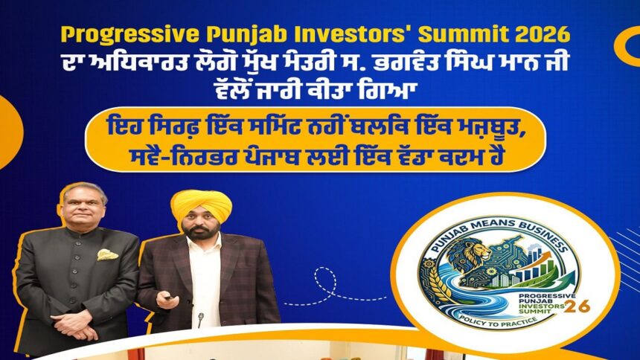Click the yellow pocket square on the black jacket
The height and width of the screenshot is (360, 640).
tap(107, 254)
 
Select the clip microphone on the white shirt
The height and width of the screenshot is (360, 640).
tap(200, 318)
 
